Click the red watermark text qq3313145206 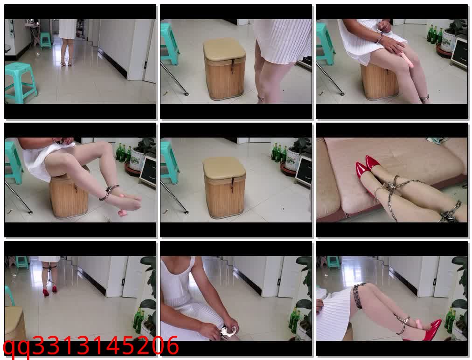point(91,346)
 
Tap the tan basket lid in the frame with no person point(224,167)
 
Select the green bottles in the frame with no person point(279,152)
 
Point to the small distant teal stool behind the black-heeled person point(45,40)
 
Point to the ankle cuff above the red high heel point(403,324)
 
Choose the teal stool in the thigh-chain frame point(333,262)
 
